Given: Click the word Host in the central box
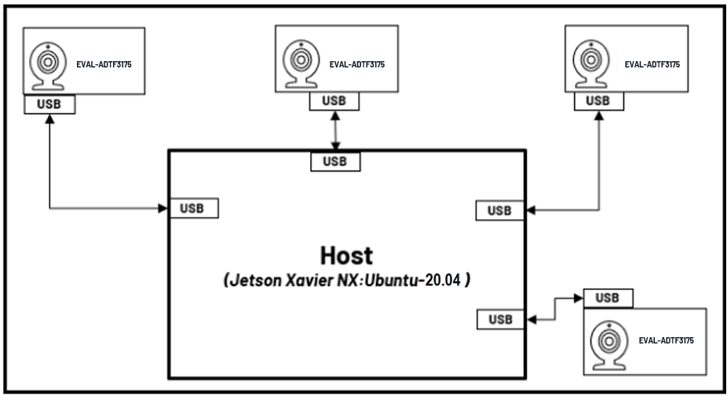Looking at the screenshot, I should pos(346,256).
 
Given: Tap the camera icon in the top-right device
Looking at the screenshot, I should pos(588,61).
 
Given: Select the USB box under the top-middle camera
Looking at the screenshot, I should pos(334,100).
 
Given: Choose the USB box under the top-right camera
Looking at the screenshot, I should pos(598,100).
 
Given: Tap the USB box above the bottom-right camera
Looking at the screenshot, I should pos(608,298).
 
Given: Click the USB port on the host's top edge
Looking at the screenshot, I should pos(335,162).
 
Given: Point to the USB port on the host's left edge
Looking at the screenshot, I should pos(194,209).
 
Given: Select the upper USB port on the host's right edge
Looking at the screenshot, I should pos(499,210).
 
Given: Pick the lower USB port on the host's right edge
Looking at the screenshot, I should pos(499,319).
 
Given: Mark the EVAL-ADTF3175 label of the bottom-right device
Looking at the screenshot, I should pos(667,341).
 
